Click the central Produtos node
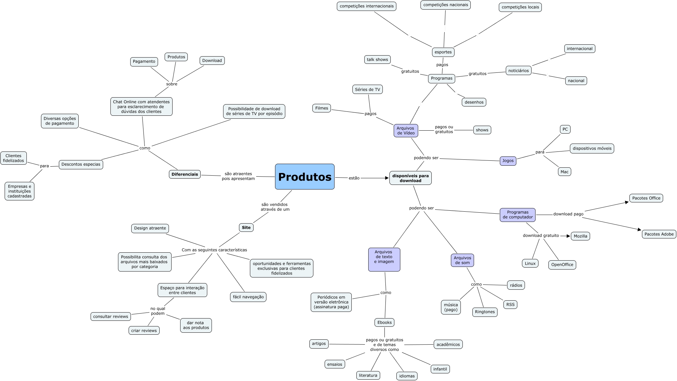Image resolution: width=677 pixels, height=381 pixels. click(x=304, y=177)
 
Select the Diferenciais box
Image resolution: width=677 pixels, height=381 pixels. click(x=185, y=174)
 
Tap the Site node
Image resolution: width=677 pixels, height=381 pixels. click(x=246, y=228)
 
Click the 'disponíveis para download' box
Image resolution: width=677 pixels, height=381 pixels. click(x=410, y=178)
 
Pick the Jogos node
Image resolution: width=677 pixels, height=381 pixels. click(x=508, y=161)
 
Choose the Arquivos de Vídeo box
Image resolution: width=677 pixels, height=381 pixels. click(x=406, y=131)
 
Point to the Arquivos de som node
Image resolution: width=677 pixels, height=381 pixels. click(x=462, y=260)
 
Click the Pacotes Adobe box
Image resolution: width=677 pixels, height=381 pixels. click(x=659, y=234)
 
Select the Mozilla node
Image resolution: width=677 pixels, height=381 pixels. click(x=580, y=236)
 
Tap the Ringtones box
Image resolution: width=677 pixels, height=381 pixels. click(x=485, y=312)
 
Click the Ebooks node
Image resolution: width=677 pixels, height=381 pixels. click(x=384, y=322)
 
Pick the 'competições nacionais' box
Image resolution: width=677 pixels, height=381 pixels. click(x=445, y=5)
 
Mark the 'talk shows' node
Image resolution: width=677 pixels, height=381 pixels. click(x=377, y=60)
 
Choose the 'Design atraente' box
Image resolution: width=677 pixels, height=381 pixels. click(x=150, y=228)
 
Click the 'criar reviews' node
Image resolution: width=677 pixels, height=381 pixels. click(x=144, y=330)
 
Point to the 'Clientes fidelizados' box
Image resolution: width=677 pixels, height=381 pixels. click(x=14, y=158)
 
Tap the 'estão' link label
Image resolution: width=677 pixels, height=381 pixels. click(x=354, y=178)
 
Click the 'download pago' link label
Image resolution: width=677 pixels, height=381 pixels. click(x=568, y=214)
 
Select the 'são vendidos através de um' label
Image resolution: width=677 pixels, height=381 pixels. click(x=275, y=207)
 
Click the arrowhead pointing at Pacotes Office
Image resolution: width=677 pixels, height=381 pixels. click(x=626, y=202)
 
